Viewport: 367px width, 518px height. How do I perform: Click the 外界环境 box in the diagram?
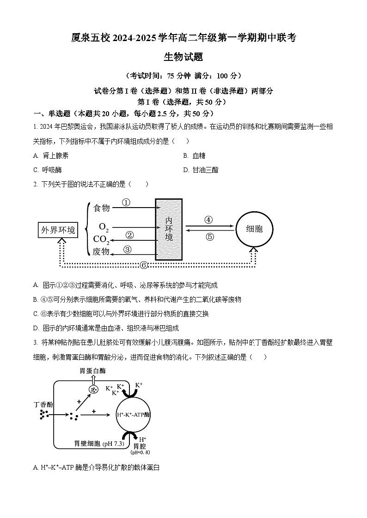coord(58,230)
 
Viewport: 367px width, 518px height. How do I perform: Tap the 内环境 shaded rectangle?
coord(169,229)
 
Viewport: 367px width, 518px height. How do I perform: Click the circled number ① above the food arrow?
coord(126,202)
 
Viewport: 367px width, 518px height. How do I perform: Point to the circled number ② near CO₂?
coord(129,235)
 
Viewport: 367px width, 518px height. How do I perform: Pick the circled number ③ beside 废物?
coord(128,250)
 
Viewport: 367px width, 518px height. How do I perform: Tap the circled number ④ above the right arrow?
coord(208,220)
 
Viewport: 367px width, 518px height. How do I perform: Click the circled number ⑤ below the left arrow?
coord(209,237)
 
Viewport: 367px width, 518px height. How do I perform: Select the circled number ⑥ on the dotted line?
coord(143,265)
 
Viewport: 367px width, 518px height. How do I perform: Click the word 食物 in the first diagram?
coord(102,208)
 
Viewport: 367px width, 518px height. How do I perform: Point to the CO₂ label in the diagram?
coord(101,239)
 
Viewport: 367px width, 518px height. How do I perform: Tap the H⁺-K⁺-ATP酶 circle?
coord(133,414)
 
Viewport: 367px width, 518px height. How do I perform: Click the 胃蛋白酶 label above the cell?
coord(93,370)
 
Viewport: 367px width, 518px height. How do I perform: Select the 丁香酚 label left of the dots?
coord(43,404)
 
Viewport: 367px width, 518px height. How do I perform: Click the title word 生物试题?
coord(183,57)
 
